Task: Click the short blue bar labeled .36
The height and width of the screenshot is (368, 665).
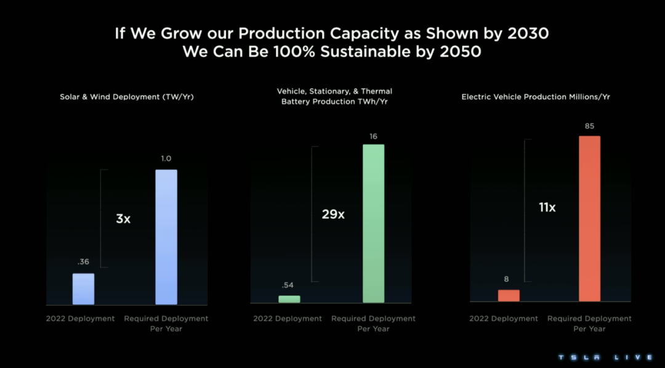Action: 83,289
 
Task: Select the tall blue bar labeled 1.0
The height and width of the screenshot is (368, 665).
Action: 166,237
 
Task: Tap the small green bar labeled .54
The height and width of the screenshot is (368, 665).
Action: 289,299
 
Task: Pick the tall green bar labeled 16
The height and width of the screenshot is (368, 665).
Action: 373,224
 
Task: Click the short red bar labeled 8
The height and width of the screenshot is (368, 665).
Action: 509,295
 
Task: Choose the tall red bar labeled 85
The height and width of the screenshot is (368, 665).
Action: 589,219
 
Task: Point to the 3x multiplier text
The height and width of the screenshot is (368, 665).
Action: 123,218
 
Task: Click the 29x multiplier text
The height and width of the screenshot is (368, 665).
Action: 333,215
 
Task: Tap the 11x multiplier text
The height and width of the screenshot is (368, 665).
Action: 547,208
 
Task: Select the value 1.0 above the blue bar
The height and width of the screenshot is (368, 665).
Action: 166,159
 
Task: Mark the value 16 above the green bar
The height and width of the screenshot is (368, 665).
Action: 373,136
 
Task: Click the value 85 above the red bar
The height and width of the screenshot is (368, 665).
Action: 589,126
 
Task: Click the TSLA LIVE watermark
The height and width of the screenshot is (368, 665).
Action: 606,358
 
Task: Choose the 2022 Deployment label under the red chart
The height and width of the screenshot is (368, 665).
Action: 503,319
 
